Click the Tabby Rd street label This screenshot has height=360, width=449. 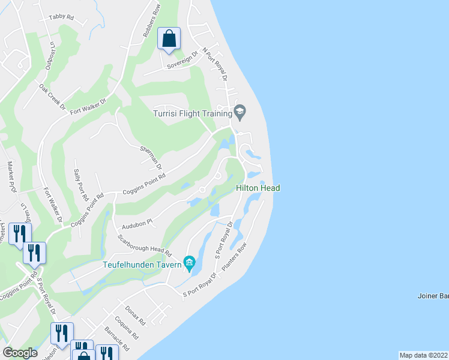pyautogui.click(x=61, y=17)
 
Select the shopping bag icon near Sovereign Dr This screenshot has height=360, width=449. pyautogui.click(x=169, y=38)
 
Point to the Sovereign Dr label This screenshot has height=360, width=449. pyautogui.click(x=183, y=59)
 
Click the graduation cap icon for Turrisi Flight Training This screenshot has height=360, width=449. pyautogui.click(x=240, y=111)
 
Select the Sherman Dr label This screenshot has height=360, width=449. pyautogui.click(x=151, y=157)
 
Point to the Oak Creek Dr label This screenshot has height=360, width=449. pyautogui.click(x=52, y=96)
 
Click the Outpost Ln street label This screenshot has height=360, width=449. pyautogui.click(x=52, y=53)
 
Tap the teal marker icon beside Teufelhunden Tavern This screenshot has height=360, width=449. pyautogui.click(x=189, y=262)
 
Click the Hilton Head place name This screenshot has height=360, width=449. pyautogui.click(x=258, y=188)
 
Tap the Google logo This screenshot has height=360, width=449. pyautogui.click(x=20, y=353)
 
